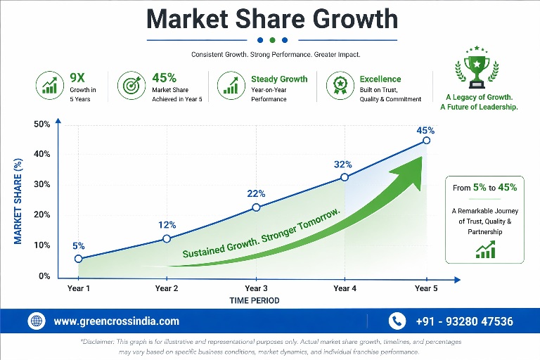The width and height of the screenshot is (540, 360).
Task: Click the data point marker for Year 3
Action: coord(256,207)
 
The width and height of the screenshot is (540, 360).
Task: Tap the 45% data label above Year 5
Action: coord(425,130)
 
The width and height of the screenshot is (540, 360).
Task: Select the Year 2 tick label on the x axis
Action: coord(167,288)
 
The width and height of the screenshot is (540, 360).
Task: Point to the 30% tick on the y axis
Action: coord(41,185)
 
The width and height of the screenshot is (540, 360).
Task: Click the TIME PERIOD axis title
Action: coord(254,301)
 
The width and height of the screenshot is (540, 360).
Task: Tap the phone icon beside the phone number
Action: coord(397,321)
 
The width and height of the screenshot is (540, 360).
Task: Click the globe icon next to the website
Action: coord(36,321)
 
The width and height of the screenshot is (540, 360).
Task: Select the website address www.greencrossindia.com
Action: coord(116,321)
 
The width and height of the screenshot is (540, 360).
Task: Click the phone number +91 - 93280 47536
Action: coord(464,321)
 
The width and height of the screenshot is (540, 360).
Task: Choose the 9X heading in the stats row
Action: coord(77,78)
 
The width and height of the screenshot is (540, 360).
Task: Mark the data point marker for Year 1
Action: coord(78,259)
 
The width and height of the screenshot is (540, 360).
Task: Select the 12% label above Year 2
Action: coord(167,225)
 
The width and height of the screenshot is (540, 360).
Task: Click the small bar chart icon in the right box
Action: coord(485,249)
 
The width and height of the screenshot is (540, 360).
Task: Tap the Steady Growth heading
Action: coord(279,79)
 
